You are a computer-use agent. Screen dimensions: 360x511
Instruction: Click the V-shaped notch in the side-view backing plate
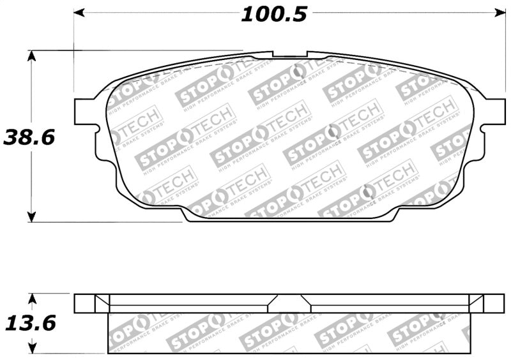(x=289, y=300)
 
